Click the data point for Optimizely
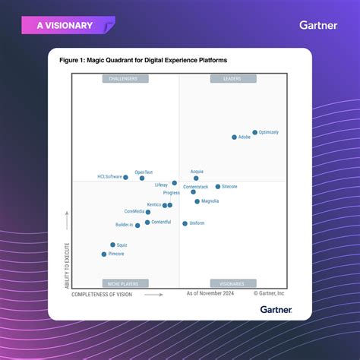[255, 132]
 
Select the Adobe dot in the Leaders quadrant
[234, 137]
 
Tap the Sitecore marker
[217, 186]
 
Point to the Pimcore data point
[104, 254]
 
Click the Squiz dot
[112, 245]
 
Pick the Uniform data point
[185, 223]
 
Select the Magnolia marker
[197, 201]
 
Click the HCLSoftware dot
[125, 177]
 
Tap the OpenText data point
[142, 178]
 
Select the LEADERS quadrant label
[232, 79]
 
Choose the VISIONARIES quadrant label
[232, 283]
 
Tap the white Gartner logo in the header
[318, 25]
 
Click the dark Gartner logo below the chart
[276, 309]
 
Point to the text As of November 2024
[210, 292]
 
